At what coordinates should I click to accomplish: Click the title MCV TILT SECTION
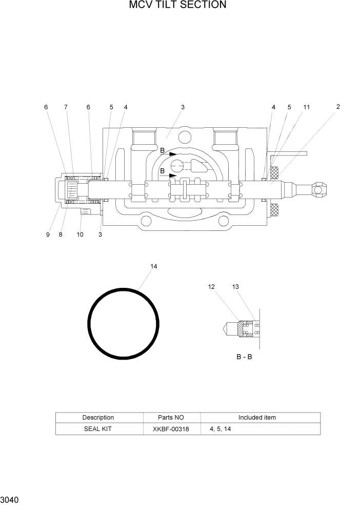point(178,5)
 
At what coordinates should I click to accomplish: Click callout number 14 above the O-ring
point(153,266)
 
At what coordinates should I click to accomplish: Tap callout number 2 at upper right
point(338,107)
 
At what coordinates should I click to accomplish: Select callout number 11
point(306,107)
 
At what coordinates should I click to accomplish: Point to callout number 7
point(66,107)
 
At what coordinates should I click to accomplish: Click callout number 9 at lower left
point(48,234)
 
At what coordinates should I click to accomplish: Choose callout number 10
point(80,234)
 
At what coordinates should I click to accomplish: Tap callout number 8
point(60,234)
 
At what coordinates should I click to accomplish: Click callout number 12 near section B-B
point(211,287)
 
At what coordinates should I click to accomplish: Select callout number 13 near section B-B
point(235,287)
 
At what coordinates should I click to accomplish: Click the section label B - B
point(244,357)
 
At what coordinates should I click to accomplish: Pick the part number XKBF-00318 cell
point(171,429)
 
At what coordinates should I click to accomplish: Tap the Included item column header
point(257,418)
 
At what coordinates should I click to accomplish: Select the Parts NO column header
point(171,418)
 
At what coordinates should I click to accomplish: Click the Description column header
point(98,418)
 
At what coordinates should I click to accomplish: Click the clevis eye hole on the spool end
point(318,190)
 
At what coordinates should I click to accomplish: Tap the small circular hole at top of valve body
point(183,136)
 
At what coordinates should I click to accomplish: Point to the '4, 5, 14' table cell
point(220,429)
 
